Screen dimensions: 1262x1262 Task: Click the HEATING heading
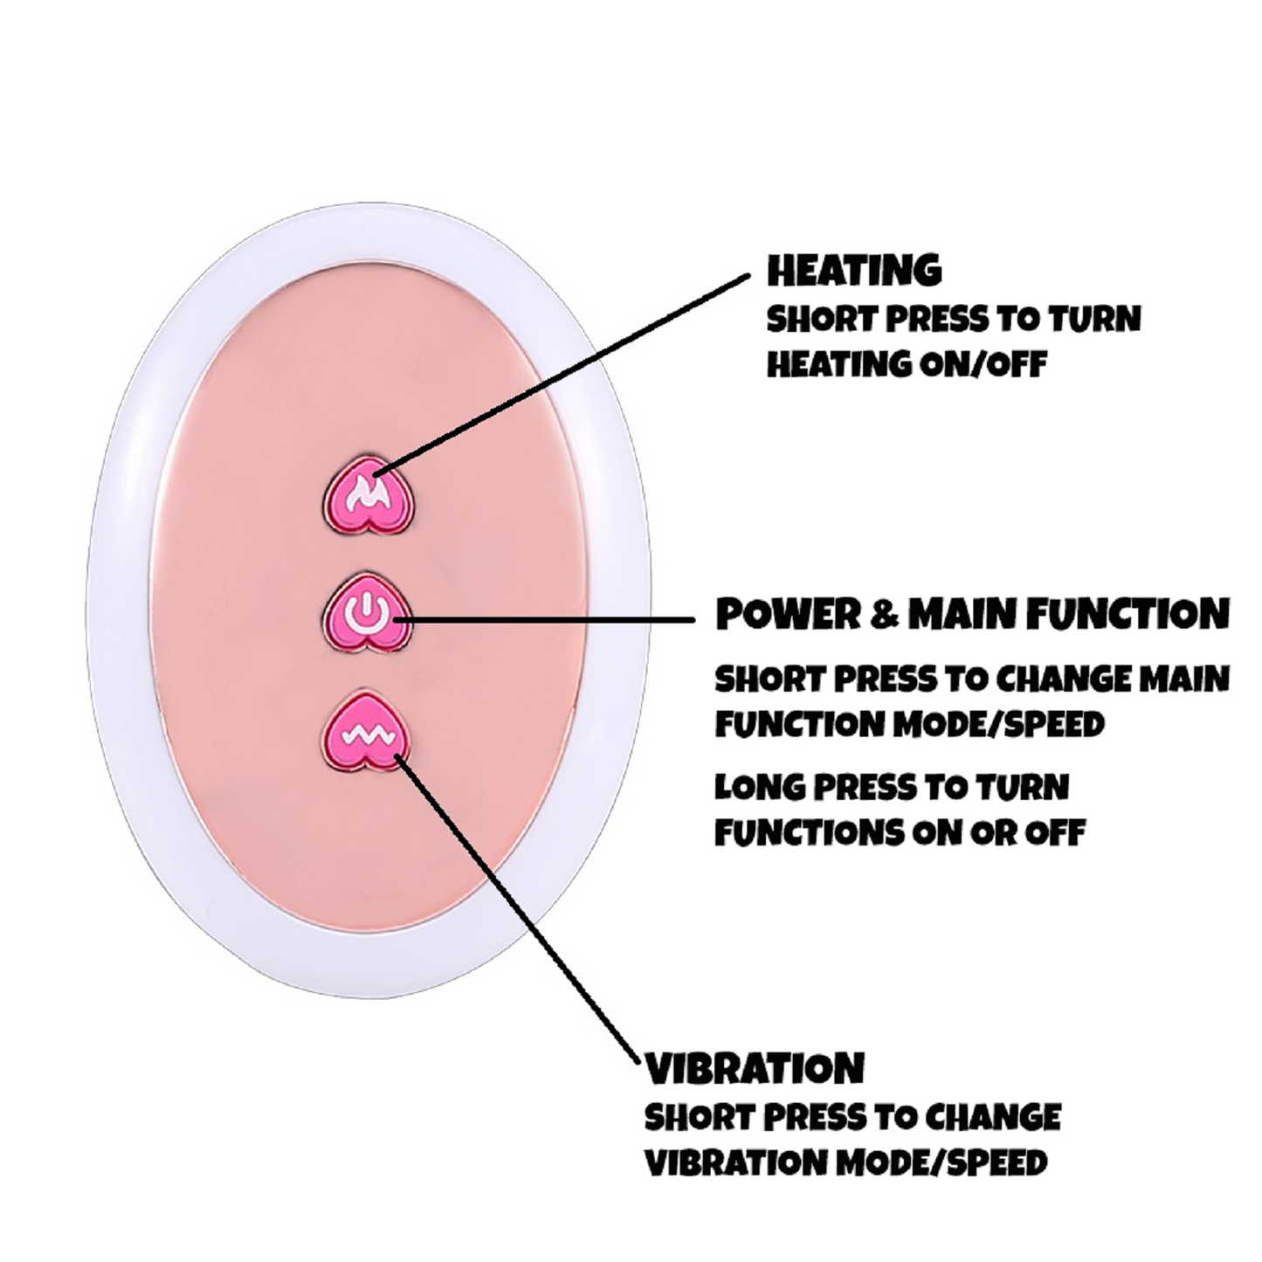click(x=854, y=271)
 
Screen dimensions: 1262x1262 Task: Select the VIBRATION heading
click(x=755, y=1068)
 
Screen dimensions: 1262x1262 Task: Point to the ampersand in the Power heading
click(x=885, y=615)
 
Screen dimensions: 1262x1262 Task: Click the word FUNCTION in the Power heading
click(x=1128, y=614)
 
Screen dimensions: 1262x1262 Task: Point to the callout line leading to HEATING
click(x=568, y=370)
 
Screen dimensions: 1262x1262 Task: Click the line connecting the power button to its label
click(x=550, y=619)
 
